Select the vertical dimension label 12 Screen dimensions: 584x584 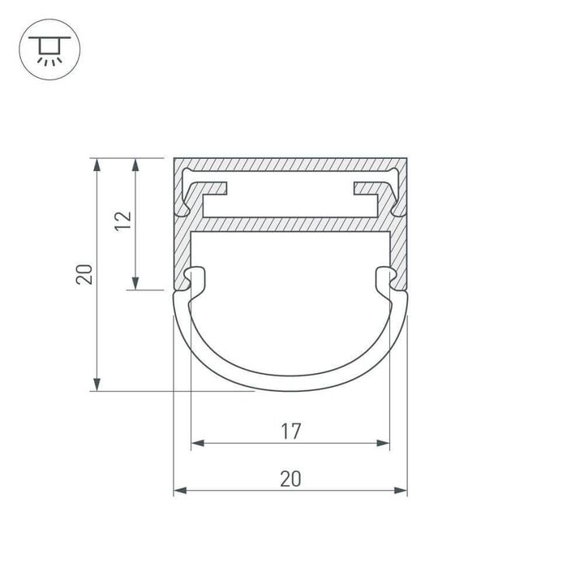[122, 221]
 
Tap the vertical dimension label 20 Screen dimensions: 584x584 [84, 274]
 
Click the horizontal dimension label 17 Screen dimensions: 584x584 [290, 432]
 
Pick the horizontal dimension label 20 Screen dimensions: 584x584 [290, 479]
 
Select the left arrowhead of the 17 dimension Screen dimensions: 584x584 [196, 443]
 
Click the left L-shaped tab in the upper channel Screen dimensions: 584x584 [213, 191]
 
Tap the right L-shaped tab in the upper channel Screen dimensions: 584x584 [369, 191]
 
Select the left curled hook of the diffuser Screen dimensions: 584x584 [195, 278]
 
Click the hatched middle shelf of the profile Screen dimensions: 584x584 [290, 223]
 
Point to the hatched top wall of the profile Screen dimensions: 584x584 [290, 164]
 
